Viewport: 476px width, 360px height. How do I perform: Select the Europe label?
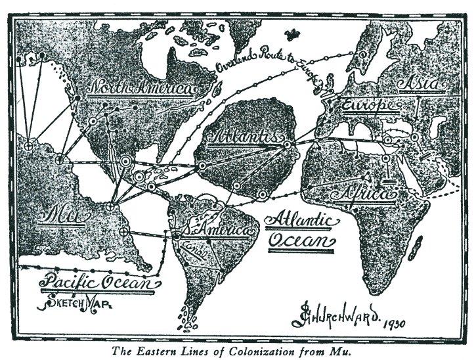368,104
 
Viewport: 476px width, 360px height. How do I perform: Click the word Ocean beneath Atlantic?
301,240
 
